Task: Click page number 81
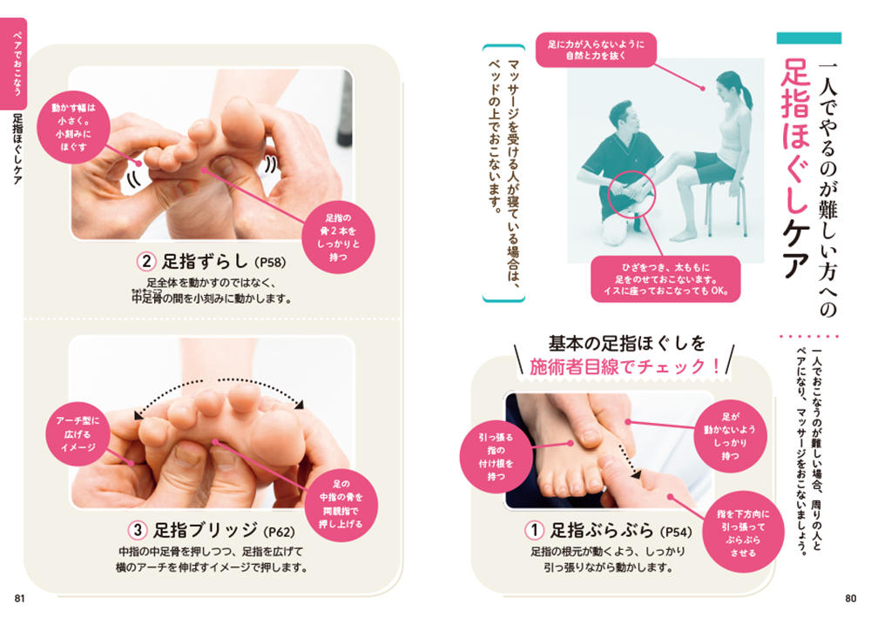(19, 598)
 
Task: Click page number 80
(850, 598)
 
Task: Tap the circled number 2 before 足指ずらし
(146, 261)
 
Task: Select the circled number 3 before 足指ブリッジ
(138, 531)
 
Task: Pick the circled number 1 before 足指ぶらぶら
(534, 531)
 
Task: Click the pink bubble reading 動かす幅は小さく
(73, 127)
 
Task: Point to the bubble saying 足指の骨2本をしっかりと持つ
(338, 238)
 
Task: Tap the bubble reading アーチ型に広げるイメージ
(78, 434)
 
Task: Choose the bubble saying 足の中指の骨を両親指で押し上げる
(341, 504)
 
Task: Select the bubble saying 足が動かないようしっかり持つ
(731, 436)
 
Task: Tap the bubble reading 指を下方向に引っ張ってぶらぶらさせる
(743, 533)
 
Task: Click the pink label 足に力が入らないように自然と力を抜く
(596, 50)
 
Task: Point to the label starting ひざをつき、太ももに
(665, 279)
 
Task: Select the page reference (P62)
(279, 532)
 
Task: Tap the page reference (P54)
(676, 532)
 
